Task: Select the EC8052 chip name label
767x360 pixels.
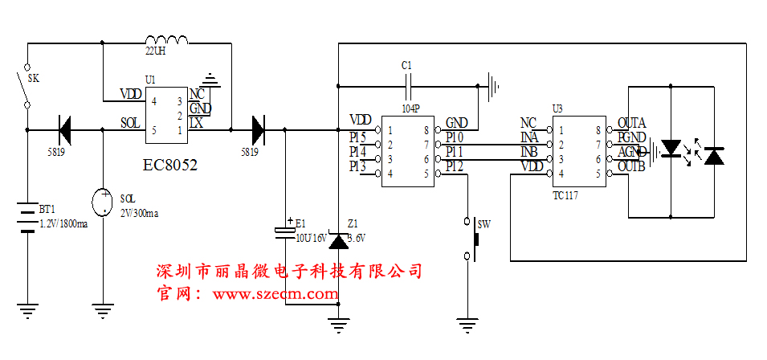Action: (x=169, y=165)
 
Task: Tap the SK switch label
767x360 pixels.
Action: (x=34, y=79)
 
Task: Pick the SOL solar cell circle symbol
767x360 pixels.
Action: (x=104, y=202)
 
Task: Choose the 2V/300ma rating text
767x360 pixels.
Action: (x=139, y=213)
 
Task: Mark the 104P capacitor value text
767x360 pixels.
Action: (x=411, y=106)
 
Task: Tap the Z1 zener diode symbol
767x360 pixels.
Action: (x=339, y=239)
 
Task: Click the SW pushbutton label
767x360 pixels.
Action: (x=483, y=224)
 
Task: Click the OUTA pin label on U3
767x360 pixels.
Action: (x=631, y=123)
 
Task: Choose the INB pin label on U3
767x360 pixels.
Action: (x=528, y=152)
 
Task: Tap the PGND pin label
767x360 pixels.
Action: (x=631, y=137)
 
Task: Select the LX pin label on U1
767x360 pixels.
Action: (x=196, y=122)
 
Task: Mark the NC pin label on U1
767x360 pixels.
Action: (x=197, y=94)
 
